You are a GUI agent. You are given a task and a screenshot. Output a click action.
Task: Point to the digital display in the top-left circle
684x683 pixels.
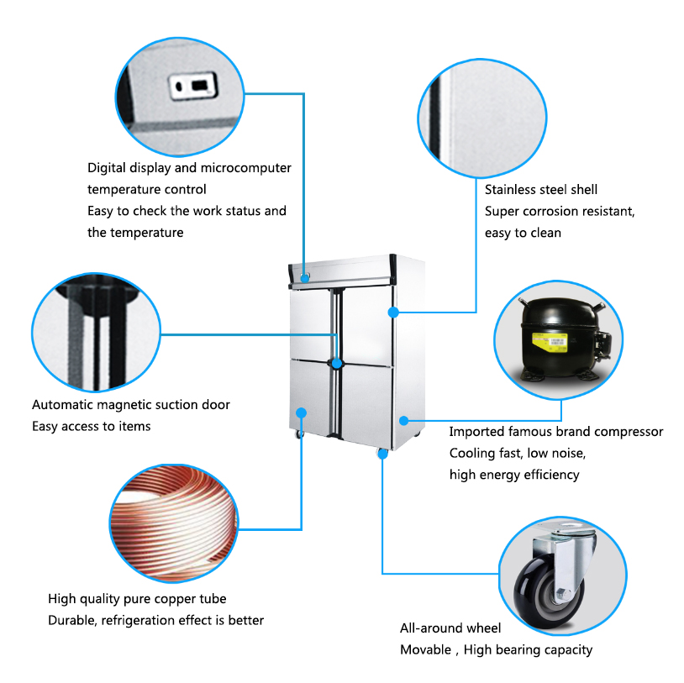coord(191,86)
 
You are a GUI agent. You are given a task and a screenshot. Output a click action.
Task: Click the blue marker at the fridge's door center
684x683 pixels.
coord(337,364)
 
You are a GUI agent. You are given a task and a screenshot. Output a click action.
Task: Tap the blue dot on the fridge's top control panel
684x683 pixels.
coord(305,276)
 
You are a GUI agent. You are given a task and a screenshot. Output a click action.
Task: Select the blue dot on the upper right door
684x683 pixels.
coord(392,313)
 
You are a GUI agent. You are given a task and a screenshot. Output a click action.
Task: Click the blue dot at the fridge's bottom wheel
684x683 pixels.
coord(382,454)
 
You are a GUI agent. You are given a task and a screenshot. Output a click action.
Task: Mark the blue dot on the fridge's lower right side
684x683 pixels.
coord(403,419)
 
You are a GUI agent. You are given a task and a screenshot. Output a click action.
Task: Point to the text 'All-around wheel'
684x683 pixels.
coord(450,628)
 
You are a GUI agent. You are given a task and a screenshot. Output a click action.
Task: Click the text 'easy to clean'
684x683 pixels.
coord(523,233)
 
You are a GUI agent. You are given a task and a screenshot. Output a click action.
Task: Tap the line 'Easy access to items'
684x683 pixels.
coord(92,427)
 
